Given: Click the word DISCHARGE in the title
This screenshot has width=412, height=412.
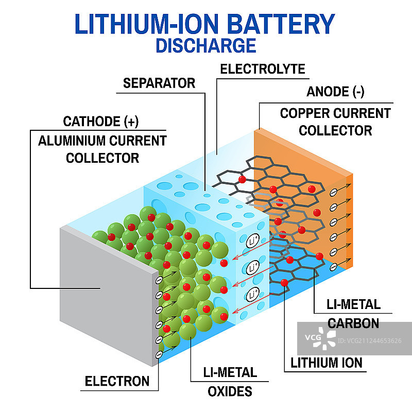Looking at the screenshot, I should point(205,45).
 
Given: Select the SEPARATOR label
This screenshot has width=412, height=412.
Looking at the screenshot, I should point(159,83).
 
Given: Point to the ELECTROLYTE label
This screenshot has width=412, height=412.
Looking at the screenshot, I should point(262,69).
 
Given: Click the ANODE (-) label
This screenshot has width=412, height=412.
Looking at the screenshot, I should point(335,92).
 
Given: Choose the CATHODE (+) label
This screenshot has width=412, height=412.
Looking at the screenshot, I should point(101,122).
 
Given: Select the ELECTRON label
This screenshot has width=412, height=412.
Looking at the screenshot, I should point(117,382).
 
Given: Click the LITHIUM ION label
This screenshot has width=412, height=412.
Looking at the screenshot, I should point(327,363).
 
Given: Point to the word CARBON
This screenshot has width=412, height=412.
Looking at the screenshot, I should point(353,323).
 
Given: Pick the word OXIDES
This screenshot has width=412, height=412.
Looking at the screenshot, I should point(230,391).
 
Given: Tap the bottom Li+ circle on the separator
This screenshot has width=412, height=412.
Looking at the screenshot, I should point(253,295).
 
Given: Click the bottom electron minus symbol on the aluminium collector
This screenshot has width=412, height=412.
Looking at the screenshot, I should point(160,354).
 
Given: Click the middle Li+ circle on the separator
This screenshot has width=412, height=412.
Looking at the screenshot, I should point(253,268).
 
